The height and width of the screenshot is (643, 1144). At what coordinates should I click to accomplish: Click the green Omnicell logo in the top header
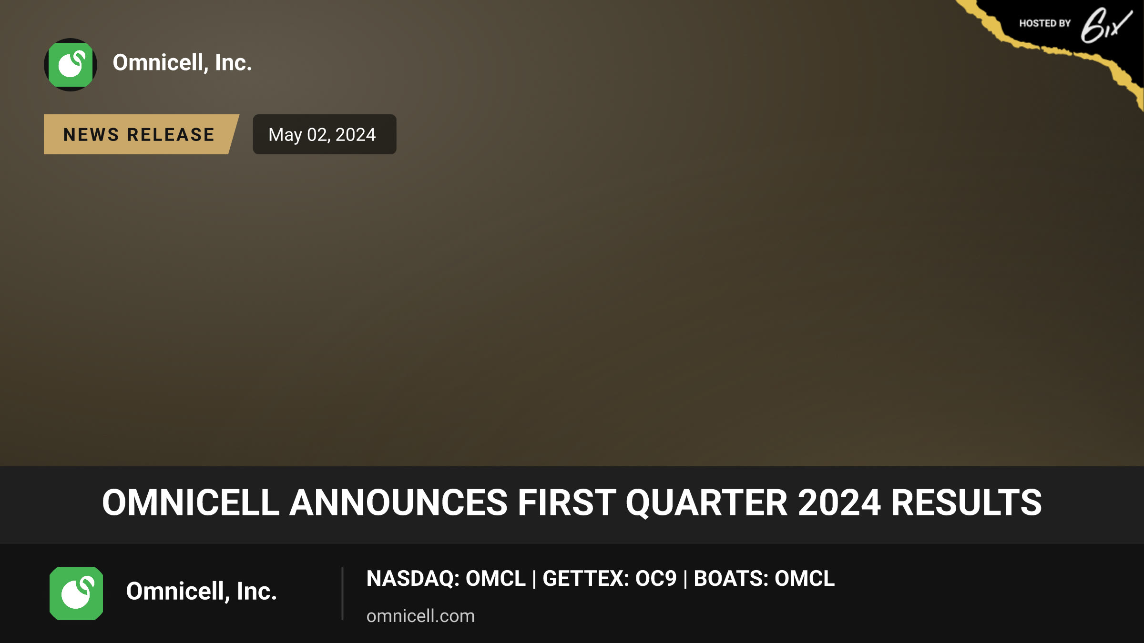(x=71, y=65)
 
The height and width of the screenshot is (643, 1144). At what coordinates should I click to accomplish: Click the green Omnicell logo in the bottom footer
(x=76, y=593)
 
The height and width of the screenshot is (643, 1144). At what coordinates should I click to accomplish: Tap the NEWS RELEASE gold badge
(x=141, y=134)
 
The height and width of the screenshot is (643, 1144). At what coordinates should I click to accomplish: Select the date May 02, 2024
(x=322, y=135)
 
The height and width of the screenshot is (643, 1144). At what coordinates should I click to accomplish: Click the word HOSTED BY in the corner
(x=1045, y=23)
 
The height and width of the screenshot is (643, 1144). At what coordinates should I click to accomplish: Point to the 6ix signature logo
(x=1106, y=26)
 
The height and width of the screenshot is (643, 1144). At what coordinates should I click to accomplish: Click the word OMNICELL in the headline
(x=191, y=503)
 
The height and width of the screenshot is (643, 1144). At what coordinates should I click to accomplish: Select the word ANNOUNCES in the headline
(x=399, y=503)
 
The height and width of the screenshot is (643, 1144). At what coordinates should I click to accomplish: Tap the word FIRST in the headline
(x=567, y=503)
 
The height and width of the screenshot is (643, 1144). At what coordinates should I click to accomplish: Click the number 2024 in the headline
(x=839, y=503)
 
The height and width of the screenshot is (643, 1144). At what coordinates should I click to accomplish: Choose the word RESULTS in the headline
(x=966, y=503)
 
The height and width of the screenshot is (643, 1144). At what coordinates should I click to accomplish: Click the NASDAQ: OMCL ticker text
(x=446, y=579)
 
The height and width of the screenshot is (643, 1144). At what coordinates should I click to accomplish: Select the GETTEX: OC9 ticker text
(x=610, y=579)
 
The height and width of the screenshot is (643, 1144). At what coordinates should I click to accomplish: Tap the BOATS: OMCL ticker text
(x=764, y=579)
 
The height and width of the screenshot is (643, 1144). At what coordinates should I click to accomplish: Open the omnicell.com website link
(x=420, y=616)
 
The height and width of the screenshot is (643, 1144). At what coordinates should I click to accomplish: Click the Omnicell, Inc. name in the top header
(x=182, y=63)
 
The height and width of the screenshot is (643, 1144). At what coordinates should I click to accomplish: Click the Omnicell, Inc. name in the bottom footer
(x=201, y=592)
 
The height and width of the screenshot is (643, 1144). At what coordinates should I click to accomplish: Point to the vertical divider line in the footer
(x=342, y=593)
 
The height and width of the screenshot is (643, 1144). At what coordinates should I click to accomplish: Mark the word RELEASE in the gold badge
(x=171, y=135)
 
